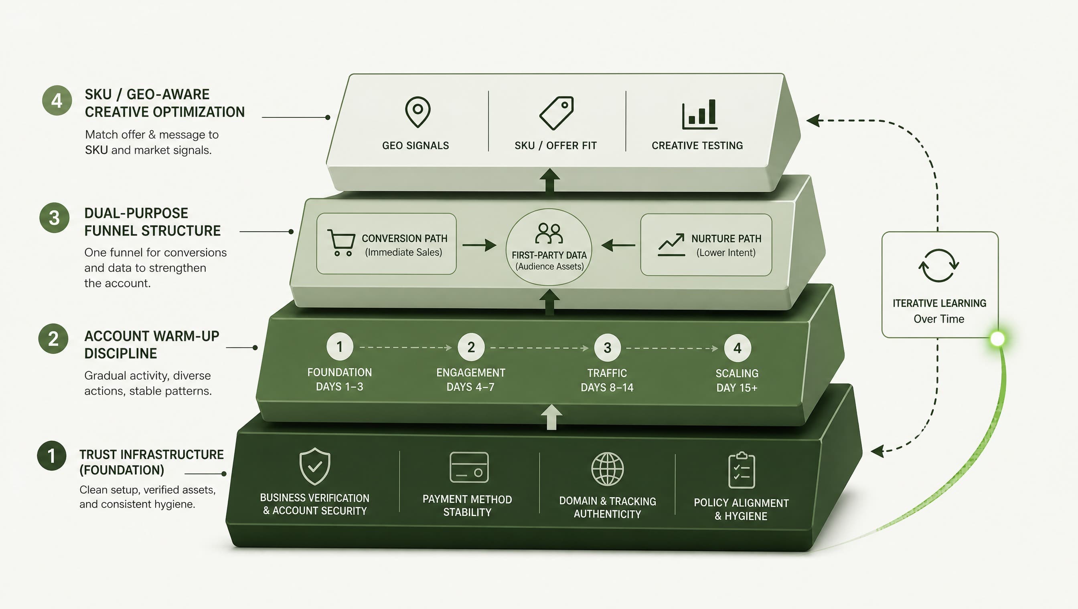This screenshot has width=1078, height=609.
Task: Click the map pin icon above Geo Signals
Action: [417, 112]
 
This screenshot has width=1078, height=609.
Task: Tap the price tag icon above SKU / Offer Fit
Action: [556, 113]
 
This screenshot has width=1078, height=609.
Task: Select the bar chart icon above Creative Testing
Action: [699, 114]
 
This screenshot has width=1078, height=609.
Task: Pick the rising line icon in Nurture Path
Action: [671, 245]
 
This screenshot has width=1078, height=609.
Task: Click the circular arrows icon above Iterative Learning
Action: [938, 266]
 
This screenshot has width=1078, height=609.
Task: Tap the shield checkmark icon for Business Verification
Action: [315, 466]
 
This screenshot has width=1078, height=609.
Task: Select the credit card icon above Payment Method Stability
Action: [469, 467]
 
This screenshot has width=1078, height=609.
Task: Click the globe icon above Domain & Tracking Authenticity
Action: [608, 469]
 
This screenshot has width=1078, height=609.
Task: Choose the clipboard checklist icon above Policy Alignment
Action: [742, 470]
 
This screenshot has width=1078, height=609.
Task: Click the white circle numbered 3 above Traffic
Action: [608, 348]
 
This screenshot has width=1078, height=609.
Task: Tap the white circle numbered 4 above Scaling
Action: [738, 348]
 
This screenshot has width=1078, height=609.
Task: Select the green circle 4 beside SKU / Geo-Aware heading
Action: [57, 101]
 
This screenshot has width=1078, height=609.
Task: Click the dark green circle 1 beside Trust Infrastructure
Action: [51, 456]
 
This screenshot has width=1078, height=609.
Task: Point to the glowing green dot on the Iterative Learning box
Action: [998, 339]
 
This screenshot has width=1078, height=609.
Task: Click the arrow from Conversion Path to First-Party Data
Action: [479, 245]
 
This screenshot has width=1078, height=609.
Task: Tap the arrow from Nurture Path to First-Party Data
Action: [618, 245]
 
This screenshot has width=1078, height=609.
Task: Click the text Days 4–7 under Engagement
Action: [470, 387]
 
